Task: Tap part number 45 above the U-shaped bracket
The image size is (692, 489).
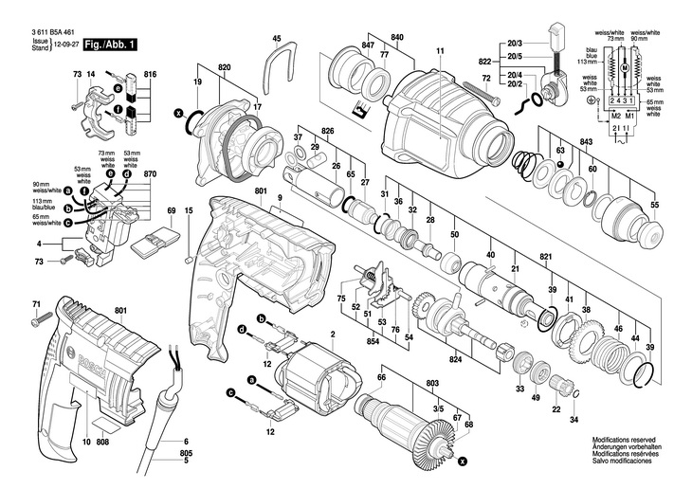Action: click(x=277, y=39)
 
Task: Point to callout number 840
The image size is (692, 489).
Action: click(x=397, y=38)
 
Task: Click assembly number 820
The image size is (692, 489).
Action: click(x=224, y=68)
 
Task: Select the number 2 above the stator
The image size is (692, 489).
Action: click(x=333, y=335)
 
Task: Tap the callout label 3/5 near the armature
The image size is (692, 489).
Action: click(x=438, y=407)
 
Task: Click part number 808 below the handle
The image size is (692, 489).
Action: click(x=103, y=443)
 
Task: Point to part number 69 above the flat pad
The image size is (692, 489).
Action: click(x=172, y=210)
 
